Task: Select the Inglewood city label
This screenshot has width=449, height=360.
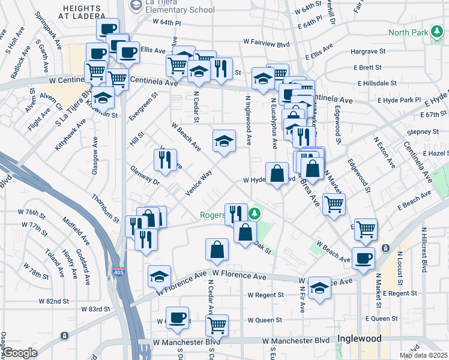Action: (359, 338)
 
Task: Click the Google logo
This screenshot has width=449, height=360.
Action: (20, 353)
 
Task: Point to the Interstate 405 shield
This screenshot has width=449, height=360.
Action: (120, 272)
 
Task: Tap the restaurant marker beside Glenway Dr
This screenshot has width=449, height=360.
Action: (164, 160)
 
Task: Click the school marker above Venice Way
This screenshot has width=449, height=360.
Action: (224, 142)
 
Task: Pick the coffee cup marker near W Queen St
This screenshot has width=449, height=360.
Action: (176, 318)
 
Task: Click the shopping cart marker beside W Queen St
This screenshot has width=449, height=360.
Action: (217, 326)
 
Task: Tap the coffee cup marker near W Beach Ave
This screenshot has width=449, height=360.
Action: (363, 259)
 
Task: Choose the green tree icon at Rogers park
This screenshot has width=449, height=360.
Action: (255, 213)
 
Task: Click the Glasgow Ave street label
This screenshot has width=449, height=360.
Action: (94, 157)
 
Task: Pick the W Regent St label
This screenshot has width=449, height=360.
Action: (265, 295)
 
